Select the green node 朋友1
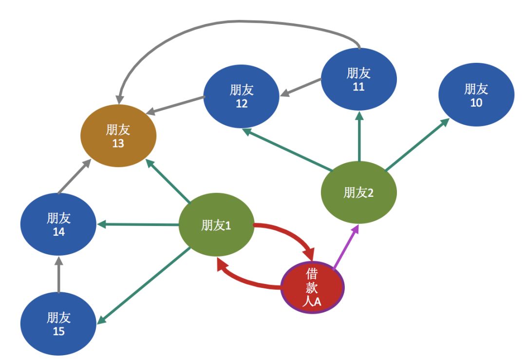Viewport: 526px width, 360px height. point(216,225)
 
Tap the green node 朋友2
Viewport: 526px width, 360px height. point(358,192)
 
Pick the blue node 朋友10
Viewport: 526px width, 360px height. point(476,95)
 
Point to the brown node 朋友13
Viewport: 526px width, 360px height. point(118,136)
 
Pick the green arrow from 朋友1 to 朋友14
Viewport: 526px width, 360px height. point(138,225)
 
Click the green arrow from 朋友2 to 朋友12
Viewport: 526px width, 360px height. point(287,150)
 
